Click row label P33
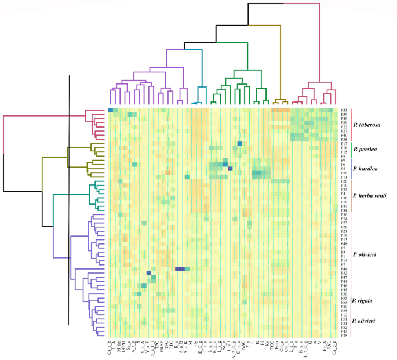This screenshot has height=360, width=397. pyautogui.click(x=344, y=110)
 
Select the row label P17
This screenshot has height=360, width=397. pyautogui.click(x=344, y=144)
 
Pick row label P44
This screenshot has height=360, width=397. pyautogui.click(x=344, y=269)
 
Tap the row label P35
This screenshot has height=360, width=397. pyautogui.click(x=344, y=336)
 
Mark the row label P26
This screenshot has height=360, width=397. pyautogui.click(x=344, y=181)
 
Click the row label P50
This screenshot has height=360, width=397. pyautogui.click(x=344, y=173)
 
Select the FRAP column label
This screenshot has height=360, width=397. pyautogui.click(x=162, y=346)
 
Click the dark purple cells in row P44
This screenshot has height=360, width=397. pyautogui.click(x=180, y=269)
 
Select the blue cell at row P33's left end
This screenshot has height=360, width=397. pyautogui.click(x=110, y=110)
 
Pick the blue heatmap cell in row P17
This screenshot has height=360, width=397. pyautogui.click(x=239, y=144)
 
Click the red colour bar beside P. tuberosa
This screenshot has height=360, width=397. pyautogui.click(x=352, y=125)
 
